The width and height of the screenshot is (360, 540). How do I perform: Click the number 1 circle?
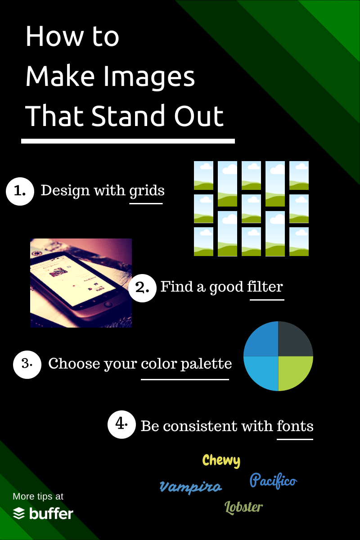pyautogui.click(x=20, y=191)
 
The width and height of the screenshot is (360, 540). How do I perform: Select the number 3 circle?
pyautogui.click(x=27, y=364)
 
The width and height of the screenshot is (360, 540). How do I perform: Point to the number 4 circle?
pyautogui.click(x=121, y=424)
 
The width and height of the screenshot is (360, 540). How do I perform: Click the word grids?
pyautogui.click(x=147, y=191)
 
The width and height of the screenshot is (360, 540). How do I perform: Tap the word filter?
pyautogui.click(x=266, y=287)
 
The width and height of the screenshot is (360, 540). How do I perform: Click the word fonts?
pyautogui.click(x=295, y=426)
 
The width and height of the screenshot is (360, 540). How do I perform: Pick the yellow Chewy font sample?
pyautogui.click(x=221, y=460)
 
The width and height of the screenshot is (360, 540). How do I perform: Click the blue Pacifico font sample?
pyautogui.click(x=273, y=481)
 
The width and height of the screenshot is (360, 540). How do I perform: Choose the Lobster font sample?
pyautogui.click(x=243, y=507)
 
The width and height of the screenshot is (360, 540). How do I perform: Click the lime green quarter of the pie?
pyautogui.click(x=295, y=373)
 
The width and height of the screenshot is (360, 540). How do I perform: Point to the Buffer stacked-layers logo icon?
pyautogui.click(x=19, y=513)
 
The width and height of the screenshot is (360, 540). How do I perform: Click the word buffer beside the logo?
pyautogui.click(x=51, y=513)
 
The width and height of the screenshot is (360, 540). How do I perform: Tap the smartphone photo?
pyautogui.click(x=81, y=283)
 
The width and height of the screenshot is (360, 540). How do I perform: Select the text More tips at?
pyautogui.click(x=38, y=496)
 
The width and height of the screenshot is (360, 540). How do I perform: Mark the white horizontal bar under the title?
pyautogui.click(x=128, y=141)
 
